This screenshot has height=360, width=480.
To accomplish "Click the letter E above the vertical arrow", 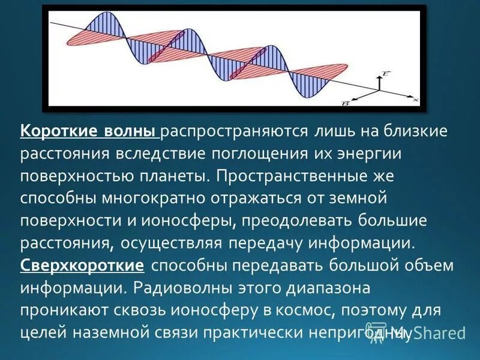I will click(385, 73).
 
